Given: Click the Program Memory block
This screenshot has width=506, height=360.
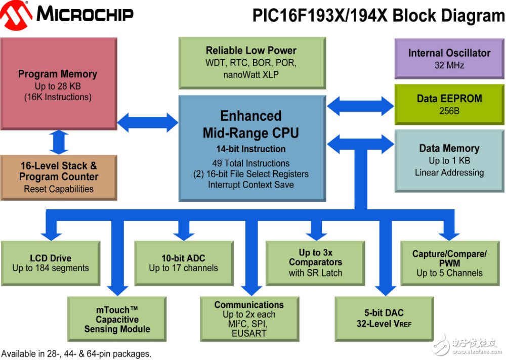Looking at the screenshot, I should (58, 85).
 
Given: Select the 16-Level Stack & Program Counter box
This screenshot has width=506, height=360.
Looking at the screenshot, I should (59, 177).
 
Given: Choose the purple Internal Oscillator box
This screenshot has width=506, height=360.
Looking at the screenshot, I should (449, 59).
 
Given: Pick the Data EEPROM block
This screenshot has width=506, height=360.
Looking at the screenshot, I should (449, 104).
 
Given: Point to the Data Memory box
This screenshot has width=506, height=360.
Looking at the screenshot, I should (449, 160).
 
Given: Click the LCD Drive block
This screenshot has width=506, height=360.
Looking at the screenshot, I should (51, 263).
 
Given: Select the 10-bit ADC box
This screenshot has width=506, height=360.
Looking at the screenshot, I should (183, 263).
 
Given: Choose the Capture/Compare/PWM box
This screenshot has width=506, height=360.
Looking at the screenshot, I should (449, 263).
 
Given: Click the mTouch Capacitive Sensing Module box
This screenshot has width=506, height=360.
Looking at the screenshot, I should (117, 319).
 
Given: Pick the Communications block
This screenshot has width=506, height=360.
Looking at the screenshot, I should (248, 319).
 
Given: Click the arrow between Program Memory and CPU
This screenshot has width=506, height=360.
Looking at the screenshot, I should (147, 122).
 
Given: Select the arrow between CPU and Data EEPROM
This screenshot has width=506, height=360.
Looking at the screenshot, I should (360, 106).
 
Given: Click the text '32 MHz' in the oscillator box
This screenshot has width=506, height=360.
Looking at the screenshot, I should (449, 65).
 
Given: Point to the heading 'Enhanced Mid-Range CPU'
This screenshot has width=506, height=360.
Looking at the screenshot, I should (250, 124).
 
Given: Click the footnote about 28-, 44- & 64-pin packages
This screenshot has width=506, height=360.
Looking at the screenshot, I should (76, 354).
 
